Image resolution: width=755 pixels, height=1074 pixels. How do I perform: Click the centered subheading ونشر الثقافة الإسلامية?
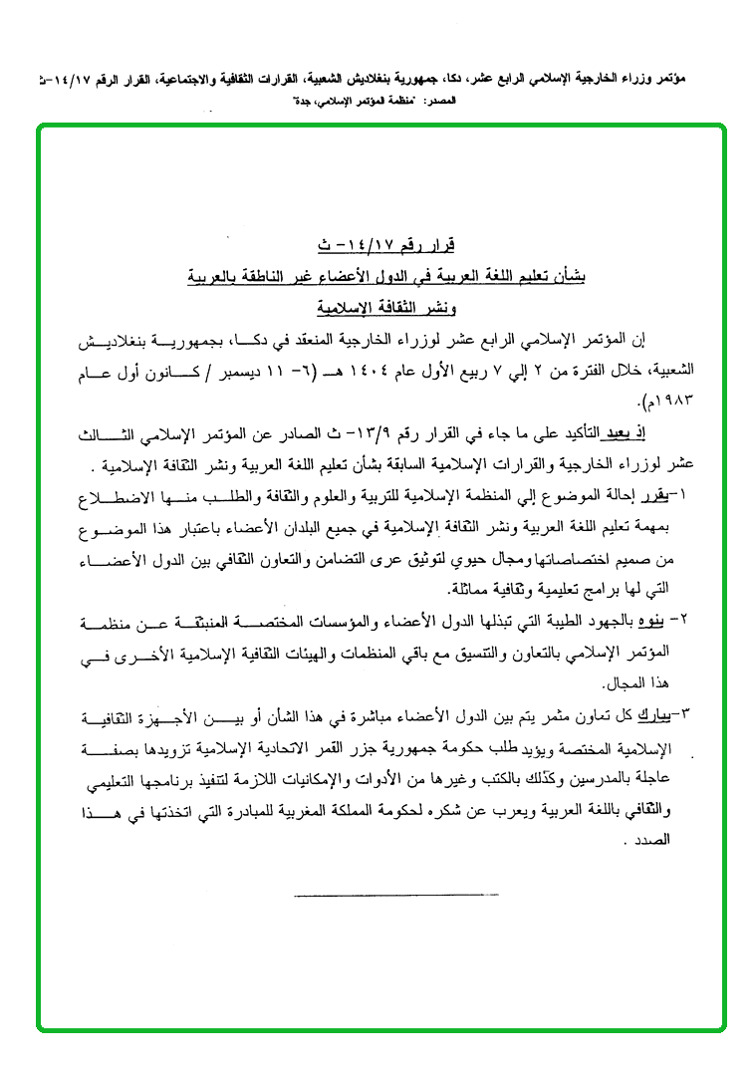click(385, 307)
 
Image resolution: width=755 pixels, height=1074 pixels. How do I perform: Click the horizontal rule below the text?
click(396, 894)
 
